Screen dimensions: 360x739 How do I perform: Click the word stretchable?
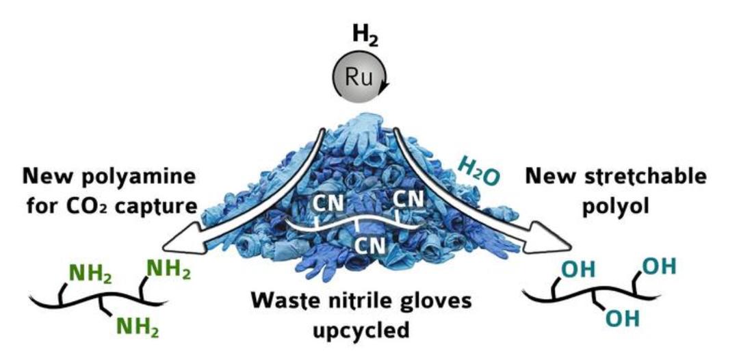point(647,177)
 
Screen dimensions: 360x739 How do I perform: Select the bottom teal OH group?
point(622,318)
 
